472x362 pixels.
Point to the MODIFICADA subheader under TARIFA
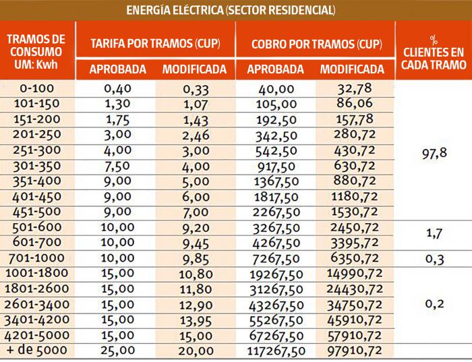[195, 69]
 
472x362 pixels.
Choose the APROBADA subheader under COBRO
[275, 69]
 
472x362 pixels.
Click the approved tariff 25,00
[116, 351]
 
